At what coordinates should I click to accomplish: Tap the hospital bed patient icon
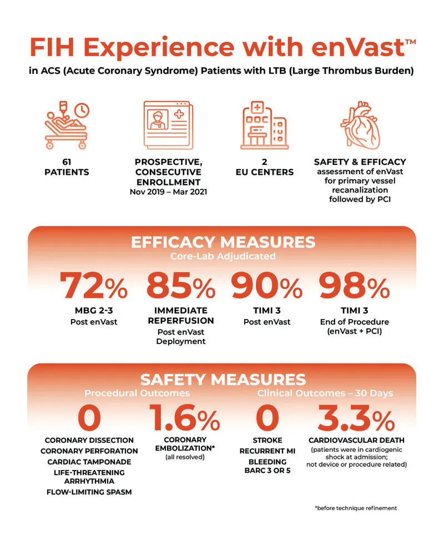click(67, 125)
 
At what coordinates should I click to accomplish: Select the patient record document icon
click(168, 125)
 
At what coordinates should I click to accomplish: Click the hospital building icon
click(265, 125)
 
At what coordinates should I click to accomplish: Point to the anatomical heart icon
click(360, 125)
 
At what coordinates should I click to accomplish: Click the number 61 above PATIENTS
click(67, 162)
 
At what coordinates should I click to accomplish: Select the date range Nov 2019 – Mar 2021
click(168, 192)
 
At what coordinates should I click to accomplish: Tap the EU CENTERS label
click(265, 173)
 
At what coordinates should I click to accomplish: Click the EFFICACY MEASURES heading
click(223, 243)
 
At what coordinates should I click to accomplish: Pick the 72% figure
click(93, 286)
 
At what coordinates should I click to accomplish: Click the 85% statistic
click(180, 286)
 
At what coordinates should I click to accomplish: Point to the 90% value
click(266, 286)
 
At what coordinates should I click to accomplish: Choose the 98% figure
click(355, 286)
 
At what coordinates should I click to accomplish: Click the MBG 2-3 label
click(94, 310)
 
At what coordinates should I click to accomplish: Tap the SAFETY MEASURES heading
click(223, 380)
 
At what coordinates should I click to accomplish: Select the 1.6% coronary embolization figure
click(184, 418)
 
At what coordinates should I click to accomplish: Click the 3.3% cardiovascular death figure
click(356, 418)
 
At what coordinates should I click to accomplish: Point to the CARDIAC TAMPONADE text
click(89, 462)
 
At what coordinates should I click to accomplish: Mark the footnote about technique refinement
click(356, 508)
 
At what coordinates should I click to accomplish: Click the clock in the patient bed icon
click(82, 110)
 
